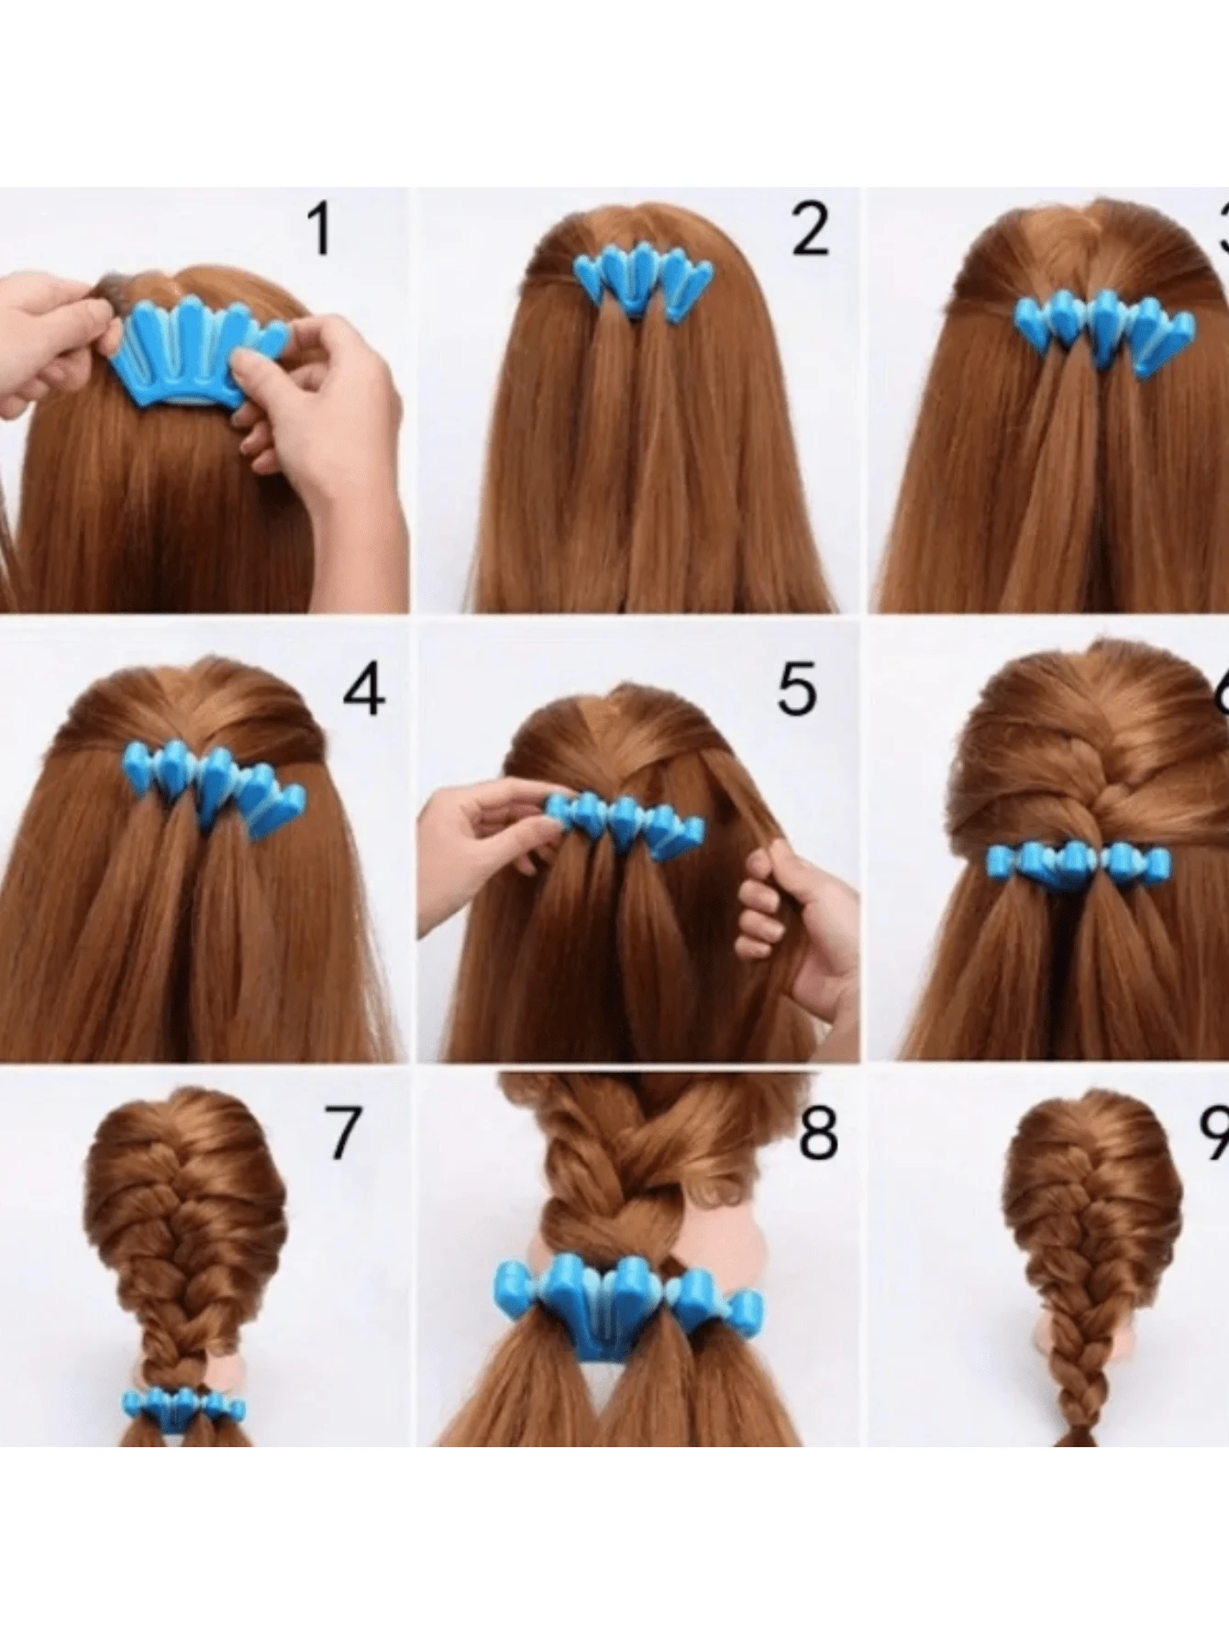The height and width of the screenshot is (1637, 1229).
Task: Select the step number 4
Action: click(363, 690)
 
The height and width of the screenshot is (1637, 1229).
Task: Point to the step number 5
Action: click(796, 690)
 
